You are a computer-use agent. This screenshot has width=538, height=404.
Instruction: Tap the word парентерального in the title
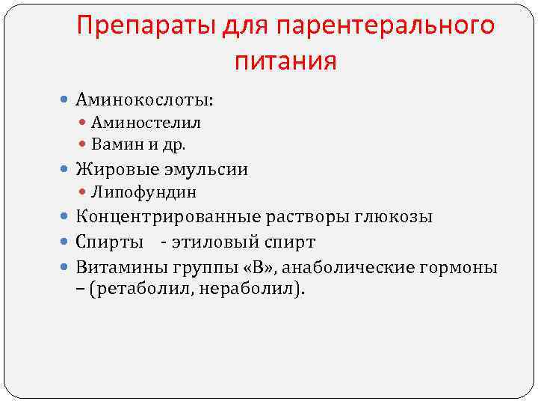tap(386, 26)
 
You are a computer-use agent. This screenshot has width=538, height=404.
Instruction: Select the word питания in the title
tap(285, 61)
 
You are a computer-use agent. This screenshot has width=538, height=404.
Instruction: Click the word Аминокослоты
tap(143, 99)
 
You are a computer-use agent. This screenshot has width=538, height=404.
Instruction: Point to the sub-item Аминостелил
tap(146, 122)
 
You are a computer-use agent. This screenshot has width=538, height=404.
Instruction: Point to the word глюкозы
tap(395, 217)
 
